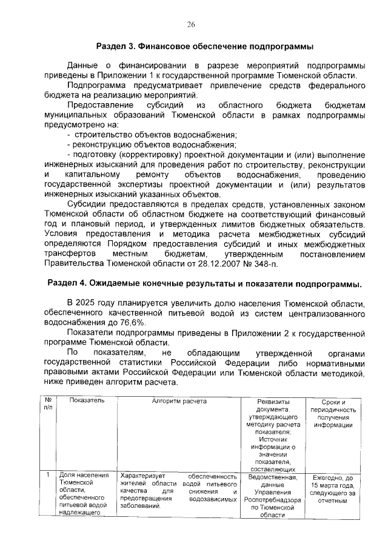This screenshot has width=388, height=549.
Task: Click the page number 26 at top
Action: click(191, 24)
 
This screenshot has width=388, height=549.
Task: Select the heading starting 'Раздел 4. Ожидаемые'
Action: click(204, 284)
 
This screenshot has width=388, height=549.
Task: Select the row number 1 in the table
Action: click(48, 475)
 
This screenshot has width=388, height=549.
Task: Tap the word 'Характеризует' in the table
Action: click(142, 476)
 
